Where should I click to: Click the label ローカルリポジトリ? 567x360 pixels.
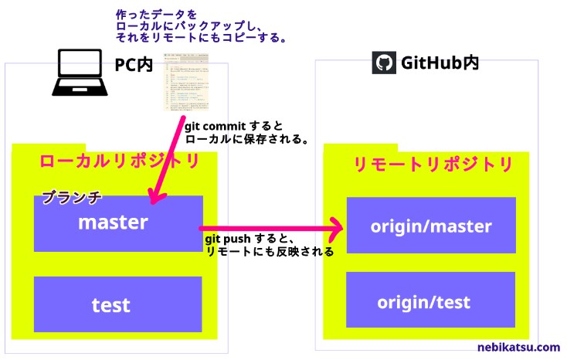pyautogui.click(x=119, y=161)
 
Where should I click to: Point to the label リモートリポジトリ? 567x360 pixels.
pyautogui.click(x=433, y=165)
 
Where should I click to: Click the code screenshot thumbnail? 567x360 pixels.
pyautogui.click(x=185, y=84)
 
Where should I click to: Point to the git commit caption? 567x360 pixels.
pyautogui.click(x=246, y=132)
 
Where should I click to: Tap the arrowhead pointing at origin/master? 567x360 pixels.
pyautogui.click(x=337, y=228)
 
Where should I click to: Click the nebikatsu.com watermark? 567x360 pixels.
pyautogui.click(x=518, y=348)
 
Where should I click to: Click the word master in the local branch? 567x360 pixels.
pyautogui.click(x=113, y=222)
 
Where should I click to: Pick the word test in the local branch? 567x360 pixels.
pyautogui.click(x=111, y=304)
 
